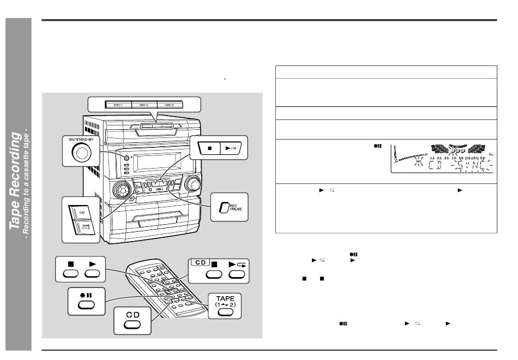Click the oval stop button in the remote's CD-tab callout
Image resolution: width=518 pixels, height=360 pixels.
point(213,275)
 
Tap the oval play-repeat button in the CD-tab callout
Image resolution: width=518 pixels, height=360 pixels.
point(237,275)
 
